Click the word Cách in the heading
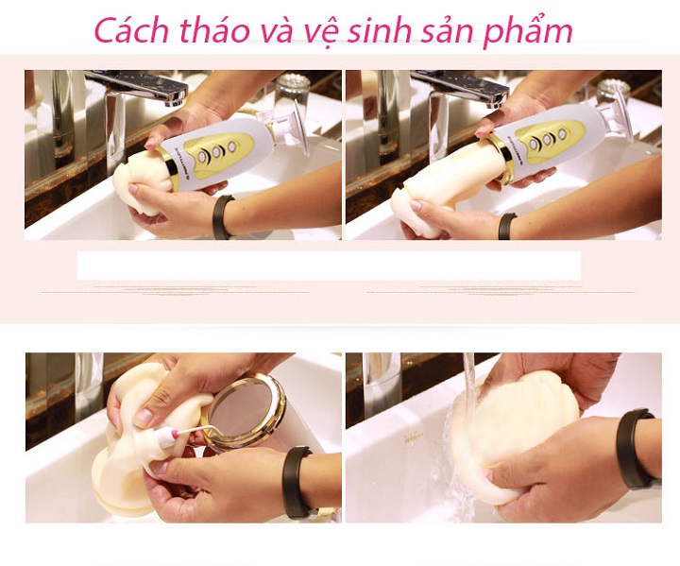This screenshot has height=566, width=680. pyautogui.click(x=130, y=29)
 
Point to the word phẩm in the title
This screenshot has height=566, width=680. pyautogui.click(x=528, y=29)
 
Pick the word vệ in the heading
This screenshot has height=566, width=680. pyautogui.click(x=315, y=32)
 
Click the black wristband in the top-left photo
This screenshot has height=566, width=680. pyautogui.click(x=223, y=216)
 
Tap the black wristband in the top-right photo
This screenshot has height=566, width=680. pyautogui.click(x=506, y=226)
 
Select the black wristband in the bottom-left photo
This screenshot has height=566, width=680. pyautogui.click(x=296, y=483)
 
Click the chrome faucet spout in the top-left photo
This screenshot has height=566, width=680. pyautogui.click(x=139, y=86)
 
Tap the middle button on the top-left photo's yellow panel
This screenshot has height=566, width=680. pyautogui.click(x=216, y=152)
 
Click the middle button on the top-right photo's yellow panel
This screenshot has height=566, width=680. pyautogui.click(x=547, y=139)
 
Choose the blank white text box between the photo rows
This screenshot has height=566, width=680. pyautogui.click(x=329, y=266)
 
